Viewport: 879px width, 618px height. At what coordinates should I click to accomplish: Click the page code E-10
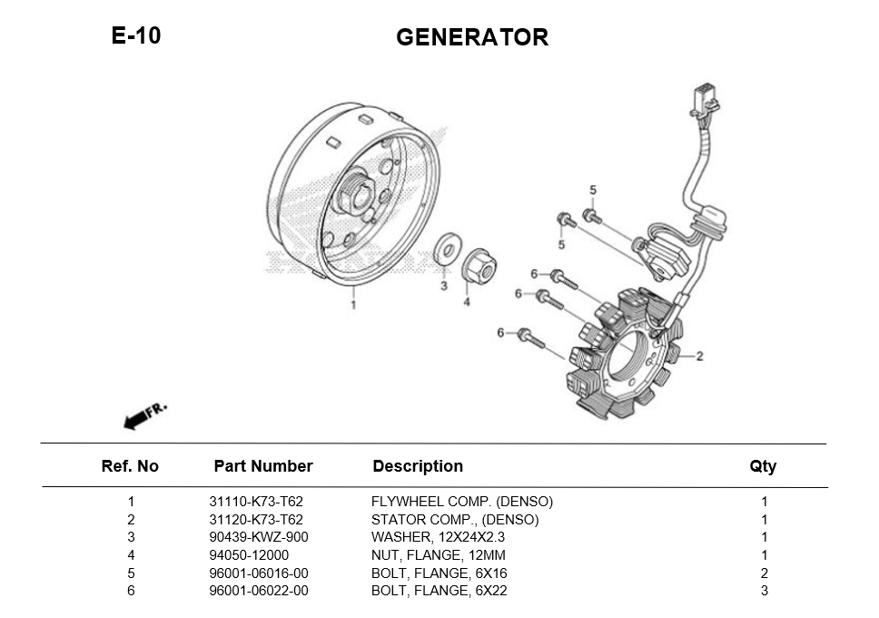[136, 35]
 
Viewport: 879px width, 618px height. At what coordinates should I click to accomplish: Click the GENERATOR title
[472, 37]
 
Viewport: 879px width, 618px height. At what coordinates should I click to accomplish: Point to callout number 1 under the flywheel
[353, 304]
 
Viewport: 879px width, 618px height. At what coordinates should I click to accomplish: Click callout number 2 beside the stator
[699, 356]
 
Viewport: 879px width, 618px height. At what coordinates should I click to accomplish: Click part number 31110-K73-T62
[256, 502]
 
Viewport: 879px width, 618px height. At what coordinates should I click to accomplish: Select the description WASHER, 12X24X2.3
[438, 537]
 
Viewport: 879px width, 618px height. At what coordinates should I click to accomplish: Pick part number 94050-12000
[249, 555]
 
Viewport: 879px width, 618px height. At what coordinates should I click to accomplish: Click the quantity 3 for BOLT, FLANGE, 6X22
[764, 591]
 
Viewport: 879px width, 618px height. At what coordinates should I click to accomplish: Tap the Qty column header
[763, 466]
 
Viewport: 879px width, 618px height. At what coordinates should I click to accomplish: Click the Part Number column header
[263, 466]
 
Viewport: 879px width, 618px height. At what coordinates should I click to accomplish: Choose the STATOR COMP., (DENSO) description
[455, 520]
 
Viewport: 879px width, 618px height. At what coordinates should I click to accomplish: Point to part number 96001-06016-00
[259, 573]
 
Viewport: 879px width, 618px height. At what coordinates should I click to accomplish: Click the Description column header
[418, 466]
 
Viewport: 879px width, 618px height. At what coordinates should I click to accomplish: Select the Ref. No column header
[130, 466]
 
